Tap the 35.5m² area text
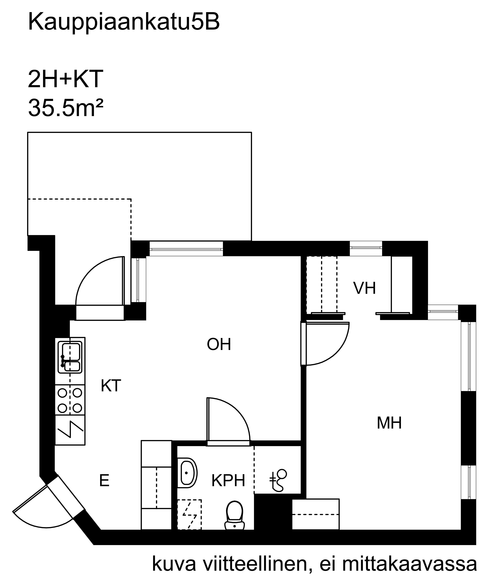pyautogui.click(x=66, y=108)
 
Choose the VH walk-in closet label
pyautogui.click(x=364, y=288)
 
